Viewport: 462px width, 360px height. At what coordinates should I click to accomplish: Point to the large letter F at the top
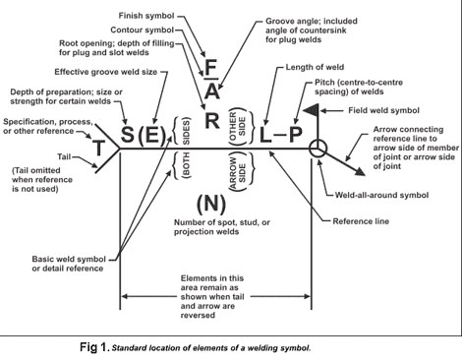(210, 69)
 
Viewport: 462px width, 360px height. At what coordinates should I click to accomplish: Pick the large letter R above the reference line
(211, 120)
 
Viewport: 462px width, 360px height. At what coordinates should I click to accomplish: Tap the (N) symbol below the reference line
(211, 204)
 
